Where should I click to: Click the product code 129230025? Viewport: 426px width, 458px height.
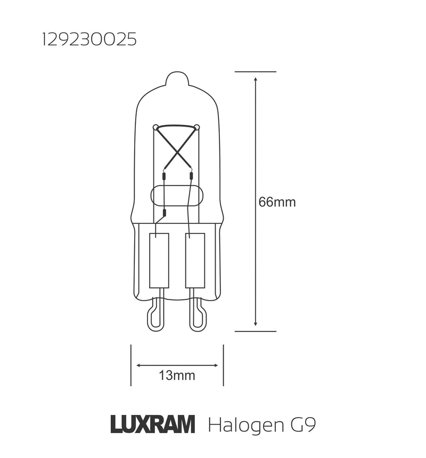coord(88,40)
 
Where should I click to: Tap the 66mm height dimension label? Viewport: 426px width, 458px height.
coord(276,202)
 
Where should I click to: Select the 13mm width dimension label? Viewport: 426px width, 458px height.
coord(177,376)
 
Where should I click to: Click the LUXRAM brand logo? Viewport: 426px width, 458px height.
coord(152,425)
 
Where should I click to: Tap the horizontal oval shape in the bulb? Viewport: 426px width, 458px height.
coord(177,196)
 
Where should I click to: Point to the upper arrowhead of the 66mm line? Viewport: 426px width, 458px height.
coord(256,79)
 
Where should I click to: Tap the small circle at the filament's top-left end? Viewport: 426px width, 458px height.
coord(155,127)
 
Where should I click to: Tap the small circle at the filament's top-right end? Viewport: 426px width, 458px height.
coord(196,127)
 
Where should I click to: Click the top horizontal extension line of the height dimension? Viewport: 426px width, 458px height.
coord(256,71)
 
